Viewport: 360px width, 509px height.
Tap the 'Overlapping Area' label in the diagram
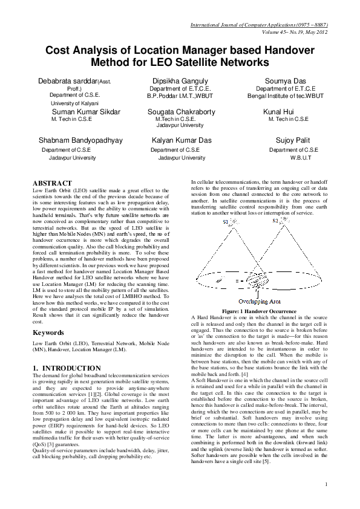click(x=260, y=300)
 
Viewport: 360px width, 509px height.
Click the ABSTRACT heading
click(x=52, y=183)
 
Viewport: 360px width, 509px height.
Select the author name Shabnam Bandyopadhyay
click(x=80, y=140)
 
